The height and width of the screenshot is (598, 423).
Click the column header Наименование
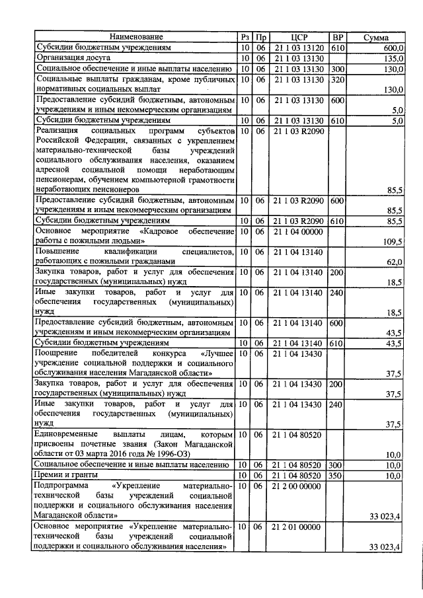pyautogui.click(x=136, y=38)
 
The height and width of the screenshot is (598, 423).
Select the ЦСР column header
pyautogui.click(x=299, y=38)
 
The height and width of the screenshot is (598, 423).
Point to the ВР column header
pyautogui.click(x=338, y=38)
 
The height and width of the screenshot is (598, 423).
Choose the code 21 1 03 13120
pyautogui.click(x=299, y=48)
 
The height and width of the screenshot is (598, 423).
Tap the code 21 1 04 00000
pyautogui.click(x=299, y=231)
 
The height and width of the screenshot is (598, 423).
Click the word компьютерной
pyautogui.click(x=134, y=180)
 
